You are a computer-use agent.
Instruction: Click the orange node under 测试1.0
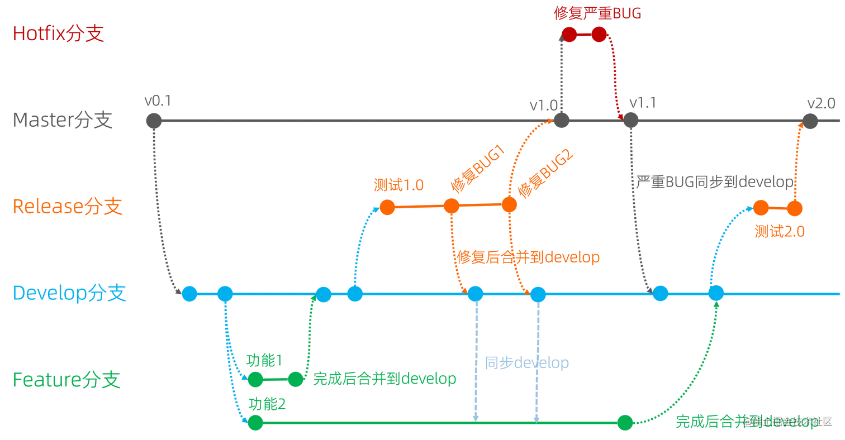click(386, 208)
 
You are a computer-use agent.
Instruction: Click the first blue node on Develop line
click(189, 293)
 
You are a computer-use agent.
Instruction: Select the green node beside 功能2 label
click(255, 423)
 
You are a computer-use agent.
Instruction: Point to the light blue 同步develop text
click(527, 364)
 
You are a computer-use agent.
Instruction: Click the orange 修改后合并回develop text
click(528, 258)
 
